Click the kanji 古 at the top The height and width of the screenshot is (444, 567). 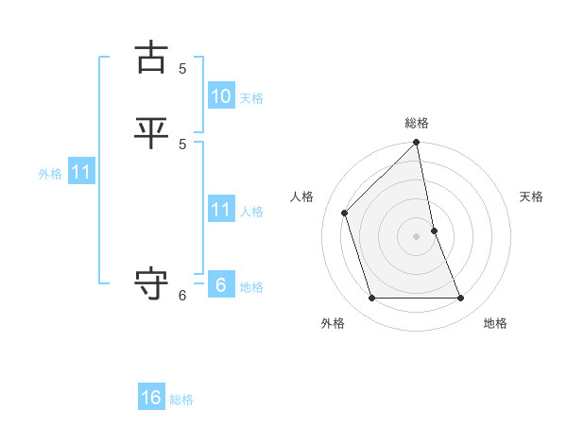[x=152, y=58]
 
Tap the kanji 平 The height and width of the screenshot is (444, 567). [x=152, y=131]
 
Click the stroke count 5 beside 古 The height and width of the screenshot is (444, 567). [x=182, y=68]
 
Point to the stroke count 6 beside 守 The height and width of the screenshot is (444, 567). [x=182, y=296]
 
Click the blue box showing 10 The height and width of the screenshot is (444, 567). [x=221, y=95]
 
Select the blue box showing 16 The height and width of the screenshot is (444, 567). [x=151, y=398]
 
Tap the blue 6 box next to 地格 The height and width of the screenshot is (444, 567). [x=221, y=284]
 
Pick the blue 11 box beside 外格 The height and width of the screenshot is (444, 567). [x=81, y=172]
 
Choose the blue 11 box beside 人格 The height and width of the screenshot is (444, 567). [x=221, y=209]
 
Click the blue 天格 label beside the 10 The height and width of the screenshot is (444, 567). [x=250, y=98]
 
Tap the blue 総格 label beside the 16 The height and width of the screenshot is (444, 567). [x=181, y=401]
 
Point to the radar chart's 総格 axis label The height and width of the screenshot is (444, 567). [x=417, y=123]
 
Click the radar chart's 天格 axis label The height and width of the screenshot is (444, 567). [x=531, y=196]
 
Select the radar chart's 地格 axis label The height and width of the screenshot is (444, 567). [x=495, y=323]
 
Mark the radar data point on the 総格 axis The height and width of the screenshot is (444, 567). [x=417, y=144]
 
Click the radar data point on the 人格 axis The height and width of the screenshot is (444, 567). [x=345, y=213]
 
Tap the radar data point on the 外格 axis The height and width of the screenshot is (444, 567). [x=372, y=299]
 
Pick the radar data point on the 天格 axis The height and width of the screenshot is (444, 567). [x=434, y=231]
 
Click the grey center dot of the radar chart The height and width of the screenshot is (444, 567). [x=417, y=236]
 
